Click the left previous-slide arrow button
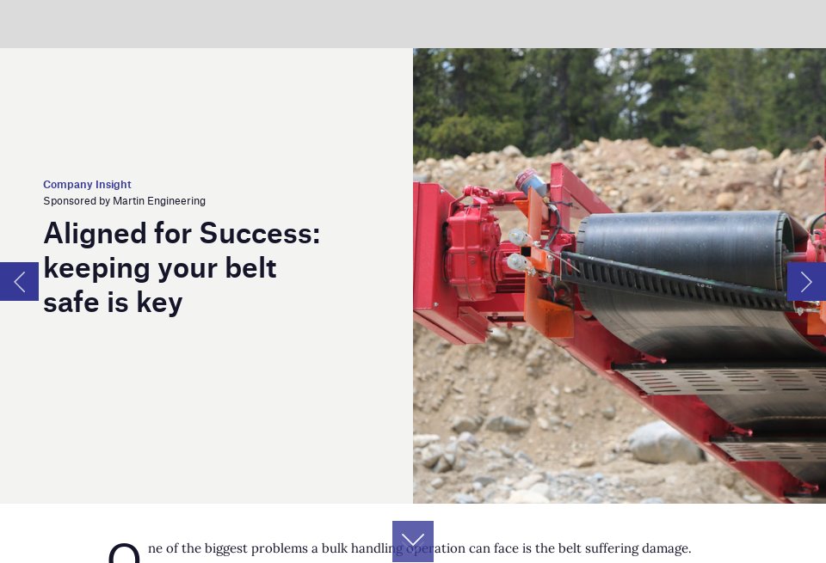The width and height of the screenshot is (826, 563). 19,282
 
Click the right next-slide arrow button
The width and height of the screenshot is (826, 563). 806,282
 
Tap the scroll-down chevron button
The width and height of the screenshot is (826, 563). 413,541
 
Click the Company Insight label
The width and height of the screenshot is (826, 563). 87,185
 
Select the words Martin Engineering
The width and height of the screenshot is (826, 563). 159,201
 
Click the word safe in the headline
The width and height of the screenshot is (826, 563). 71,303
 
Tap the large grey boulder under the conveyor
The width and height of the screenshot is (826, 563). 663,444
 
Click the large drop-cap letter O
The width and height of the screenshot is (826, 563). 124,553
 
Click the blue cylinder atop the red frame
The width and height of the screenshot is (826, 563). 531,182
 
